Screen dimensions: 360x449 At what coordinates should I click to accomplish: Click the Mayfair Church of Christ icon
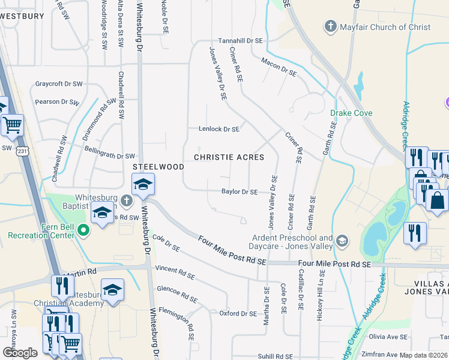point(330,26)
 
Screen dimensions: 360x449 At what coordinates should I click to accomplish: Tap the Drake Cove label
point(351,113)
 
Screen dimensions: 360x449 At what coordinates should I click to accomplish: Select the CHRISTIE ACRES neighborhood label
point(229,157)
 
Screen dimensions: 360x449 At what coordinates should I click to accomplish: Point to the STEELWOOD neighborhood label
point(158,166)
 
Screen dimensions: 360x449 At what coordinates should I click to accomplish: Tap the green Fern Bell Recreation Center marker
point(84,228)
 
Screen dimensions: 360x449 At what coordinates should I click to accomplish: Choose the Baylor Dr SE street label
point(239,192)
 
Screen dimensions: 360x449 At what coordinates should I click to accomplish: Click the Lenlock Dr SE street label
point(219,129)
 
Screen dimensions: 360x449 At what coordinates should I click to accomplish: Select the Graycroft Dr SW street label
point(58,84)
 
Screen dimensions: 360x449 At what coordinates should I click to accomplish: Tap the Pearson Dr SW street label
point(57,102)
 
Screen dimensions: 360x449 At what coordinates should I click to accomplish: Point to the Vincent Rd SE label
point(175,272)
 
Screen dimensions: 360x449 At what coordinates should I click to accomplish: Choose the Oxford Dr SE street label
point(238,313)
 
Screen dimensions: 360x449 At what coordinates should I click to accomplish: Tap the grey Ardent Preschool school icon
point(342,241)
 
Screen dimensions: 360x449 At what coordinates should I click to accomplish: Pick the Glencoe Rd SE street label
point(177,293)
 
